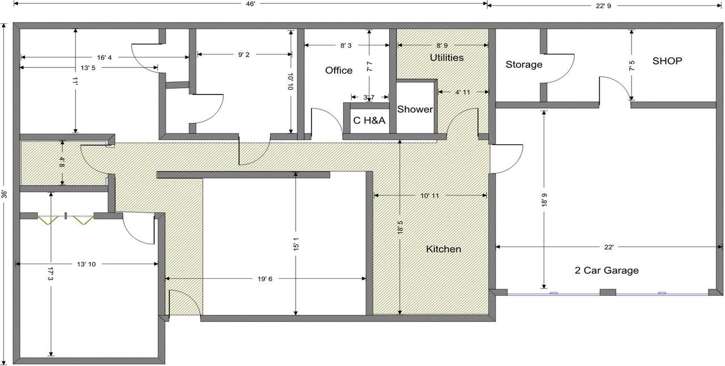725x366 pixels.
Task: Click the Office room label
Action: coord(339,71)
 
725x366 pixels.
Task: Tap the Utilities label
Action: coord(447,58)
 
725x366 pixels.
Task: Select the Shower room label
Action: coord(415,109)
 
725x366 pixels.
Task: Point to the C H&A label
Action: coord(369,120)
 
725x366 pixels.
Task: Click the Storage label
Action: coord(524,64)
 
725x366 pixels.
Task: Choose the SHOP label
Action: coord(667,61)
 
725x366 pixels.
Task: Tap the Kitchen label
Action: coord(443,249)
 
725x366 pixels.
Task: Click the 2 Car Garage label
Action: coord(607,270)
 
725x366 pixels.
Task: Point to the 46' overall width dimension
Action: coord(250,4)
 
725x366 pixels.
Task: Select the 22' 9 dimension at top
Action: coord(603,6)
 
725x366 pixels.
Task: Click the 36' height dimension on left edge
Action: coord(4,194)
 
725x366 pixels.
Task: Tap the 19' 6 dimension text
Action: coord(265,279)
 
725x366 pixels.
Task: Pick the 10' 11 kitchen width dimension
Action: coord(430,196)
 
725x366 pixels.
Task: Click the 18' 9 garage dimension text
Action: coord(544,200)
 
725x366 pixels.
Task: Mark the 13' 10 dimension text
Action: coord(87,264)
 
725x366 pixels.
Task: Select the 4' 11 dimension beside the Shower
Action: coord(463,92)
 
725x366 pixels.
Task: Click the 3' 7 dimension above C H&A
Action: coord(369,97)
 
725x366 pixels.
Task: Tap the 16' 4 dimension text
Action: coord(104,58)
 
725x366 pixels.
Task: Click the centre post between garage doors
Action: coord(608,292)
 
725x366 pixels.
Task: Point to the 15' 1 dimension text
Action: coord(296,244)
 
